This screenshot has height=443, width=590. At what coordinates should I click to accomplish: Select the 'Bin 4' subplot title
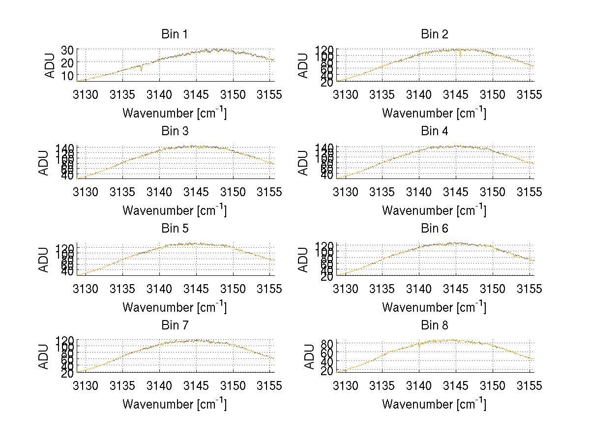(x=434, y=131)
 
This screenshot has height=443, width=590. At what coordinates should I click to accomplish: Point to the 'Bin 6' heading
(x=434, y=229)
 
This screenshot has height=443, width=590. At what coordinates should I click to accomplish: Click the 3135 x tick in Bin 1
(x=122, y=94)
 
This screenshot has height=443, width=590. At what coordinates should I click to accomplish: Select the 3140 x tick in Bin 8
(x=419, y=386)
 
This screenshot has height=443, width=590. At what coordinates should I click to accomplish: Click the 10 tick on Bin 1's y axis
(x=67, y=75)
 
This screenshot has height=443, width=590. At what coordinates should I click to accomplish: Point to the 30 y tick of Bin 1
(x=67, y=50)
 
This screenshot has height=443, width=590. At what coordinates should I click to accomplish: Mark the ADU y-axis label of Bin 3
(x=44, y=163)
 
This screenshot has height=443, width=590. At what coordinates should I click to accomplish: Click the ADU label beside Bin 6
(x=304, y=260)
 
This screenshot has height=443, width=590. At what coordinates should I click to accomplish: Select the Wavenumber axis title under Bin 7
(x=174, y=404)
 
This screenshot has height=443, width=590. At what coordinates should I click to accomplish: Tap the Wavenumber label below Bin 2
(x=434, y=113)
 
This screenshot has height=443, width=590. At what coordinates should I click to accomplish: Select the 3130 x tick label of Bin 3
(x=86, y=192)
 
